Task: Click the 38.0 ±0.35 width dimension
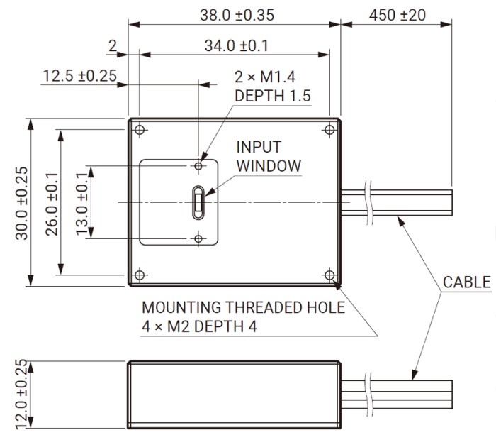[x=233, y=14]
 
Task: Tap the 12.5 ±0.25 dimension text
[x=79, y=75]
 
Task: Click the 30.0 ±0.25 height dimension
[x=21, y=203]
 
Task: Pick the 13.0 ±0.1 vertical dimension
[x=80, y=203]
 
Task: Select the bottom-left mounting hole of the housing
[x=140, y=274]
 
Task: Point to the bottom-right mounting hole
[x=329, y=274]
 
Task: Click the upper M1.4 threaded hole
[x=199, y=165]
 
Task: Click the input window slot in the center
[x=199, y=202]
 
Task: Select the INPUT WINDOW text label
[x=268, y=157]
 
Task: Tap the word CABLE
[x=466, y=282]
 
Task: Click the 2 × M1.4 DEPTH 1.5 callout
[x=273, y=86]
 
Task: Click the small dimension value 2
[x=112, y=46]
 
